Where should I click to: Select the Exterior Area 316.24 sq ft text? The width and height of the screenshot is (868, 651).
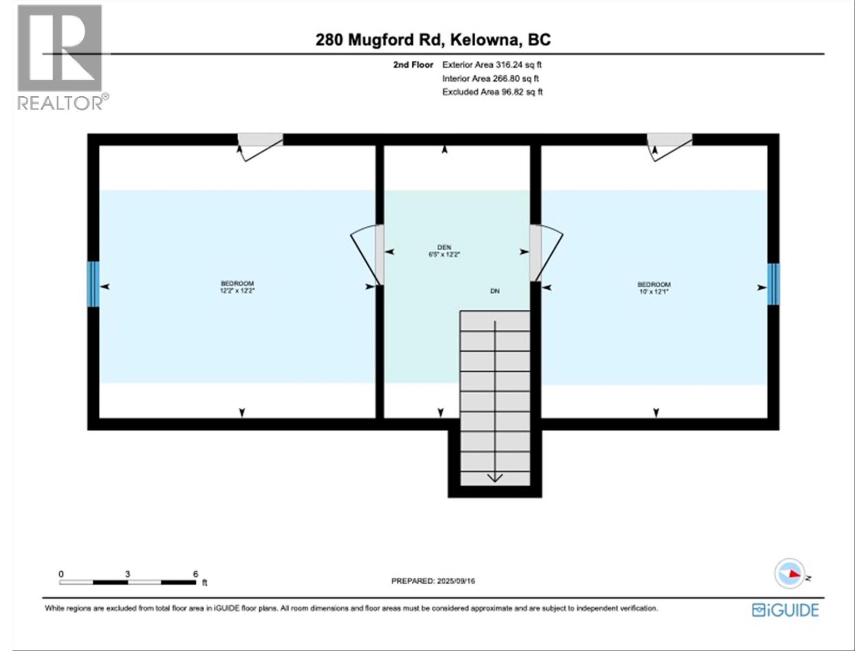(x=492, y=65)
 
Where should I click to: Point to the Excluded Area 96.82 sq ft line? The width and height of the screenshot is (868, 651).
(x=492, y=92)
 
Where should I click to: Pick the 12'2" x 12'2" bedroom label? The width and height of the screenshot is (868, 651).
(x=237, y=287)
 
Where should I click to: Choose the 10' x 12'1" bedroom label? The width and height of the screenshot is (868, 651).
(x=654, y=288)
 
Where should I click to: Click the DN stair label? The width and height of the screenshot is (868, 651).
(x=495, y=291)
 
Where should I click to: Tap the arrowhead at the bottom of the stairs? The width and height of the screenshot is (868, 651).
(x=495, y=478)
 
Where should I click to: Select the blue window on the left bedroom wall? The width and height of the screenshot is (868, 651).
(x=93, y=284)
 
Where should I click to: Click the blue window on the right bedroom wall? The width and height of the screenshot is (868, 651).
(x=773, y=284)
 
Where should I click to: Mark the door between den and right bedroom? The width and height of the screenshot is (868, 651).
(x=546, y=253)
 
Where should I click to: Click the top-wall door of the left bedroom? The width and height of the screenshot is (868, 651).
(x=260, y=147)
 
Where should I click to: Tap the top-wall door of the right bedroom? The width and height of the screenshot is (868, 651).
(x=669, y=147)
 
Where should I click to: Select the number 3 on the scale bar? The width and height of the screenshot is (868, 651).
(x=127, y=574)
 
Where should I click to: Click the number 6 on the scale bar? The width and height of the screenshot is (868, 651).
(x=195, y=574)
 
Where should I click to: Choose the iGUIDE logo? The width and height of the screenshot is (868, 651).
(x=786, y=610)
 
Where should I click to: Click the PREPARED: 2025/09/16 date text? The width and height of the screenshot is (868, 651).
(x=433, y=581)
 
